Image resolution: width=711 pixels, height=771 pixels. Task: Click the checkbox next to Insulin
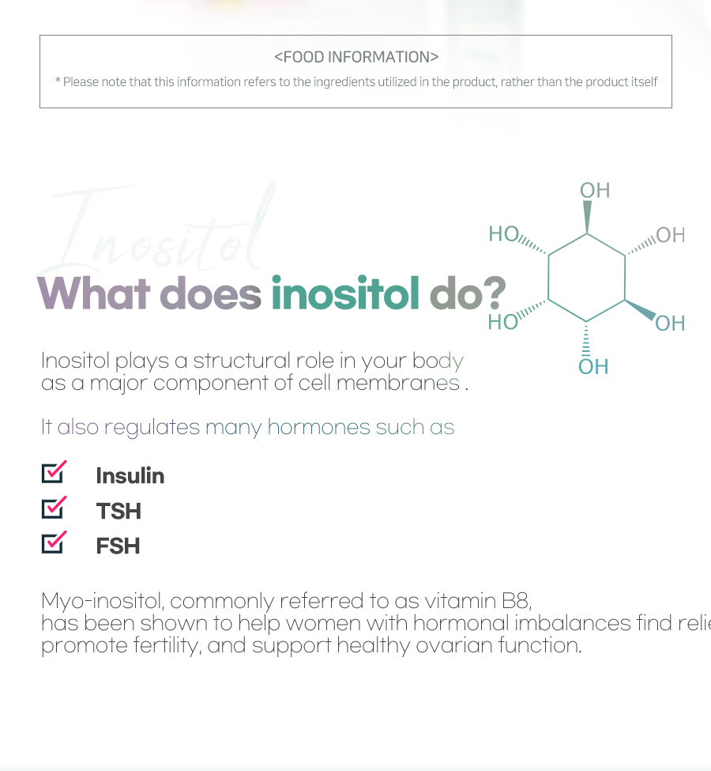click(53, 472)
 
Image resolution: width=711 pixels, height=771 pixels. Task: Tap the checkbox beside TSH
click(53, 508)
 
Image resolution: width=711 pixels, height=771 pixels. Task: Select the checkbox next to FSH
click(53, 542)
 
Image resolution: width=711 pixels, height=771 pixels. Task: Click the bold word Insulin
click(130, 475)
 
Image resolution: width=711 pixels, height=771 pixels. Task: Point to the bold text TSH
click(118, 511)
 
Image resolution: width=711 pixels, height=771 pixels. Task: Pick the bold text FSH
click(118, 546)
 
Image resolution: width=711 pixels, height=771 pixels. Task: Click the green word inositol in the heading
click(345, 293)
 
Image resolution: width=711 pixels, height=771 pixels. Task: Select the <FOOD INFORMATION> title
click(356, 57)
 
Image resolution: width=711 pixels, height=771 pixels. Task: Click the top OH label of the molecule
click(595, 190)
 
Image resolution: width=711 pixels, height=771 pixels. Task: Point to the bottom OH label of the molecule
click(593, 367)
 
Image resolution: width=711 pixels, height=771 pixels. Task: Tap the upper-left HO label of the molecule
click(504, 233)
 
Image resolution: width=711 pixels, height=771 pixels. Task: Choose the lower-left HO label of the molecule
click(503, 322)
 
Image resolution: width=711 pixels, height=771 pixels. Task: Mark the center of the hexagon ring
click(587, 277)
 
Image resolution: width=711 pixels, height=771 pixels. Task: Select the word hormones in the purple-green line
click(318, 427)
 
